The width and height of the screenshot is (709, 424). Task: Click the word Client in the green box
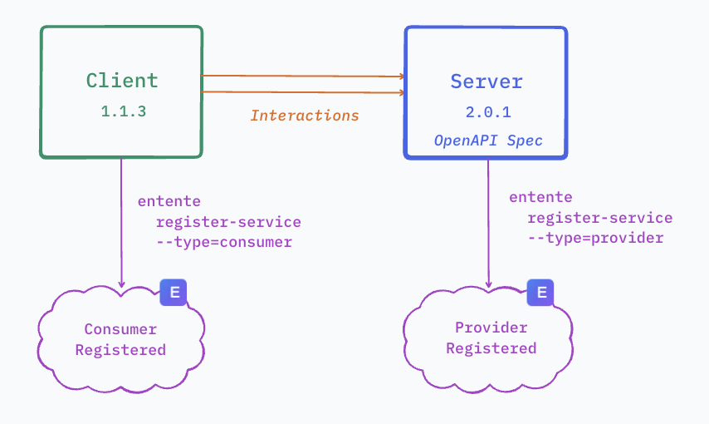pos(122,81)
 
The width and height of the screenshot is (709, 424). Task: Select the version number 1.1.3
pos(123,111)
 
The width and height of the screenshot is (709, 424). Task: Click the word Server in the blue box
pos(487,81)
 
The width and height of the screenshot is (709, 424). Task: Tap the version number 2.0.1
pos(487,111)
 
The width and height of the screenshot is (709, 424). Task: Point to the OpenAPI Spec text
pos(488,141)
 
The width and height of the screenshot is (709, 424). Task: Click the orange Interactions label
pos(305,116)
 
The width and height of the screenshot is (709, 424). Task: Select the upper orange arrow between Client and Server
pos(303,76)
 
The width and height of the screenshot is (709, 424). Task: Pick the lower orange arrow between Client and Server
pos(303,91)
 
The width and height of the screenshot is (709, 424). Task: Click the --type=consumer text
pos(224,242)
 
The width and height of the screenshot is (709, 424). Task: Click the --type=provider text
pos(595,238)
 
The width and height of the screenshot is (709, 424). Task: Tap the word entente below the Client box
pos(169,201)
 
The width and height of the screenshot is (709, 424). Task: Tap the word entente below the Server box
pos(540,197)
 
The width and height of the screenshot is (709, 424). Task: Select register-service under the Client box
pos(228,222)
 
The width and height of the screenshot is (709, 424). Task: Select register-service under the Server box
pos(599,218)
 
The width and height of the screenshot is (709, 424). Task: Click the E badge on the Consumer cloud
pos(174,292)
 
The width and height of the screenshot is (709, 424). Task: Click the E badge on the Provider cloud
pos(541,292)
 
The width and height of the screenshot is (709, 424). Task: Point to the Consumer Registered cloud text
pos(120,339)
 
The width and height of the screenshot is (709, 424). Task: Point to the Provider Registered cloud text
pos(491,338)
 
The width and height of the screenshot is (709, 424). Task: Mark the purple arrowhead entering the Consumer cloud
pos(121,285)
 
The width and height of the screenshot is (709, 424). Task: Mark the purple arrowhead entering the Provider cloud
pos(488,283)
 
